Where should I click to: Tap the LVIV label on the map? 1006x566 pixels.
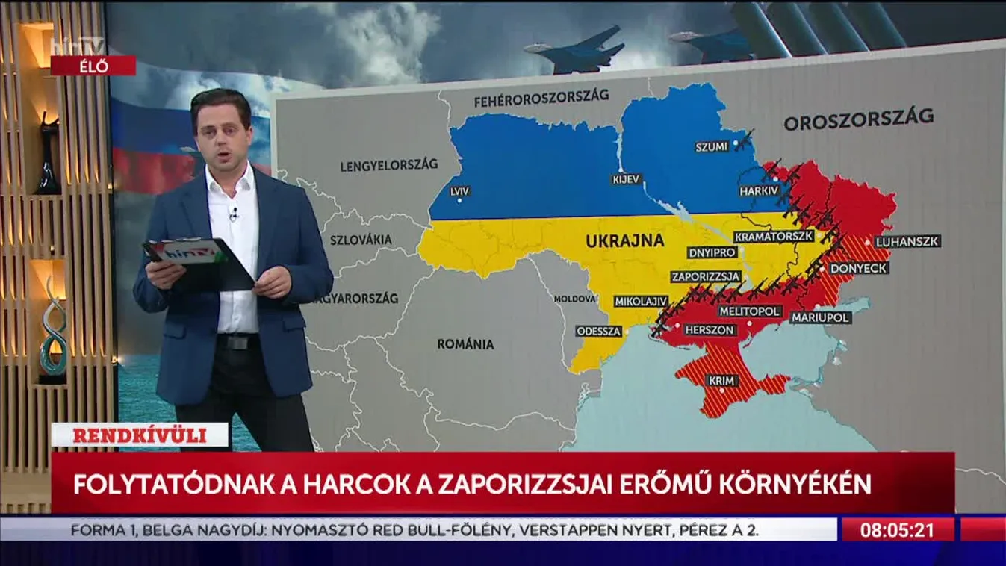tap(460, 191)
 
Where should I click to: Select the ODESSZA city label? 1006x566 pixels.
tap(599, 331)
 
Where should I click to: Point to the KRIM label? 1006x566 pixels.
tap(722, 381)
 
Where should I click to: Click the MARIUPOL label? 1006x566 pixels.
tap(821, 317)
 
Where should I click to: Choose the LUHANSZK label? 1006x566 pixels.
tap(907, 242)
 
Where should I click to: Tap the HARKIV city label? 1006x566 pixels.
tap(759, 191)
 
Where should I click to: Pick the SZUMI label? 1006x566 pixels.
tap(711, 147)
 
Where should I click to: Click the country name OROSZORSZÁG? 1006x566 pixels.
tap(859, 119)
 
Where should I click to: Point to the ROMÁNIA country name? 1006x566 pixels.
tap(465, 344)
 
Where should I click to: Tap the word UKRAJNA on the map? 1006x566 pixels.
tap(625, 241)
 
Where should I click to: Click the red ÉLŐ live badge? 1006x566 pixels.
tap(93, 66)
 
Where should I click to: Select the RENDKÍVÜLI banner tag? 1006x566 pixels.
tap(140, 435)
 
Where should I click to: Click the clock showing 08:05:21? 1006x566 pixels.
tap(898, 531)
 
